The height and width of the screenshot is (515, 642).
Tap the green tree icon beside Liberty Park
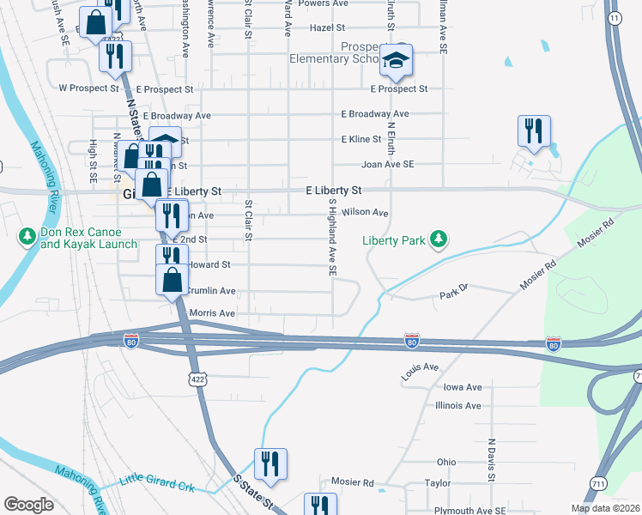tap(439, 239)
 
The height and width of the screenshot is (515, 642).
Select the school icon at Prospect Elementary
tap(397, 60)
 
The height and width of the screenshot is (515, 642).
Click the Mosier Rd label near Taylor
tap(353, 482)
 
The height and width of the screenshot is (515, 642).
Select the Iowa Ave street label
tap(463, 387)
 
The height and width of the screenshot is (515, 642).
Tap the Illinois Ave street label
tap(458, 405)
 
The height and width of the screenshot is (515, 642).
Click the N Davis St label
tap(492, 457)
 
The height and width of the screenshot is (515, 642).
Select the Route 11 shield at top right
tap(614, 18)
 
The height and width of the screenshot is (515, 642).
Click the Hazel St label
tap(327, 27)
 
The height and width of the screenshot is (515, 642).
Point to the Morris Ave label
tap(212, 314)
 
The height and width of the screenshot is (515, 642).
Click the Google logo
tap(28, 505)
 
